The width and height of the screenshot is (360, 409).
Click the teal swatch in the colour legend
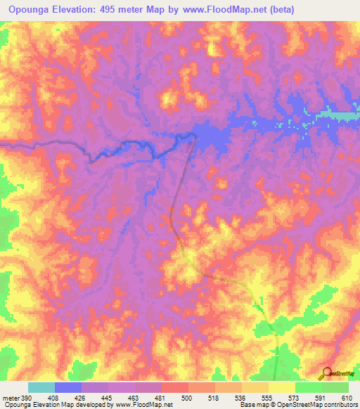tap(41, 388)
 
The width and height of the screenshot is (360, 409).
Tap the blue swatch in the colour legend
tap(68, 388)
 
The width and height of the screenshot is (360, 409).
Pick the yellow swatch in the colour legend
tap(281, 388)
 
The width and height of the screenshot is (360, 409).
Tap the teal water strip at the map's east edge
tap(341, 115)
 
